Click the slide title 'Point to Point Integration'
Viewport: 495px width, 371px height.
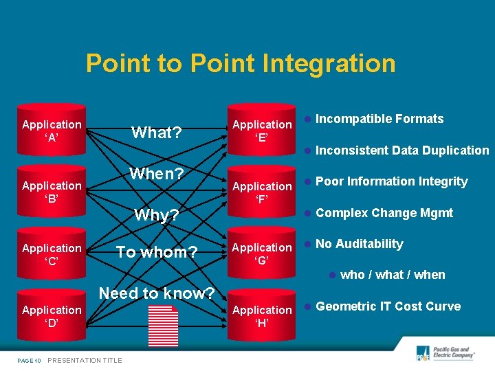point(241,64)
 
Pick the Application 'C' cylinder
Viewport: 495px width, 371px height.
point(52,254)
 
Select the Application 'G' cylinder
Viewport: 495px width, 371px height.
point(262,254)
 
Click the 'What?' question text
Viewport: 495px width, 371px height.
point(157,133)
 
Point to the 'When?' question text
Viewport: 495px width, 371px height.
point(157,174)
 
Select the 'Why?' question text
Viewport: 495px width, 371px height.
point(157,215)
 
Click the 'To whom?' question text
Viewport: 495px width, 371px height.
point(157,252)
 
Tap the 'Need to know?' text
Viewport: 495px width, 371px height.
point(157,293)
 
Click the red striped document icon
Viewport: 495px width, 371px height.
point(163,324)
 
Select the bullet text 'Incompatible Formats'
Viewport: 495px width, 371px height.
point(379,119)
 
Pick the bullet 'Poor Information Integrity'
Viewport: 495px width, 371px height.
point(391,181)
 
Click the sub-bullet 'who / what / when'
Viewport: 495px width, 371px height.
point(393,275)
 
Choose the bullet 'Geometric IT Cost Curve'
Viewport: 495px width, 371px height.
point(388,306)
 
